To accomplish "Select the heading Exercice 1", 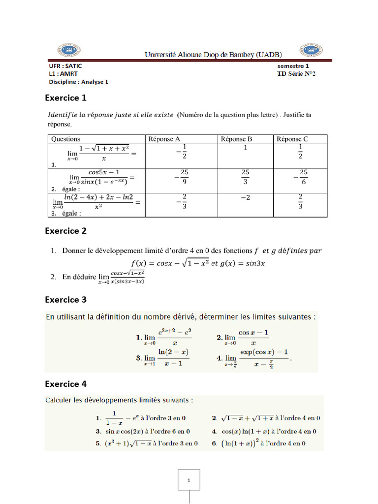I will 65,98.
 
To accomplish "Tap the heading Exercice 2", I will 65,231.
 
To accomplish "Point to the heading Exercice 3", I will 65,299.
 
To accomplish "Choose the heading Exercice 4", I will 65,384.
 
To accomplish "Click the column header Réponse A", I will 164,139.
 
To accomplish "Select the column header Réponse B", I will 237,139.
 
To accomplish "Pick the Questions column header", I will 65,139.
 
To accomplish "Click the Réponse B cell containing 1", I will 245,148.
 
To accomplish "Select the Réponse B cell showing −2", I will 245,198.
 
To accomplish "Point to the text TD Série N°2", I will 296,74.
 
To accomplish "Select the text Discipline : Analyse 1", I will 78,82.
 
